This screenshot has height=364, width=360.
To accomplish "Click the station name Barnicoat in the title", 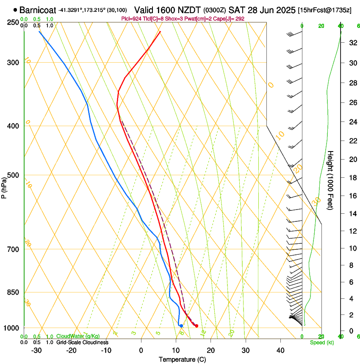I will [x=37, y=9].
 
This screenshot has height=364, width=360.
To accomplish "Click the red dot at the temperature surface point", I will [x=197, y=325].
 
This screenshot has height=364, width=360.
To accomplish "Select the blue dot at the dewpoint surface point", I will [x=181, y=325].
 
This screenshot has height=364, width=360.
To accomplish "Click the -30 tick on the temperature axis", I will [x=37, y=350].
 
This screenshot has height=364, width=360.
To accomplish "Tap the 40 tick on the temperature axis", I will [x=280, y=350].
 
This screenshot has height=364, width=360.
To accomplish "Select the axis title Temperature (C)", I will [x=182, y=359].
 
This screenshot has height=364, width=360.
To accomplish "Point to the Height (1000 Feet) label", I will [x=331, y=180].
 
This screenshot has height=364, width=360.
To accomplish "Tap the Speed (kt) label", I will [x=321, y=342].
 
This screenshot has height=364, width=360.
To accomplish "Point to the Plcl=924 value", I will [x=132, y=19].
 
